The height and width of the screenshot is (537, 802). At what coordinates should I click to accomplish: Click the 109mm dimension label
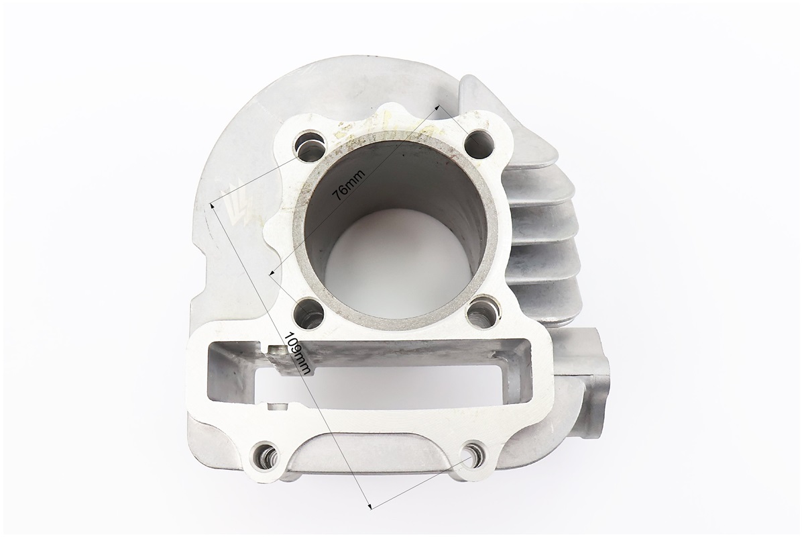(298, 354)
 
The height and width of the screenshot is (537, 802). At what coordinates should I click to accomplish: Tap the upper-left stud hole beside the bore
(309, 143)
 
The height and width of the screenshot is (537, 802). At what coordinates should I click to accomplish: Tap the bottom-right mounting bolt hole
(471, 452)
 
